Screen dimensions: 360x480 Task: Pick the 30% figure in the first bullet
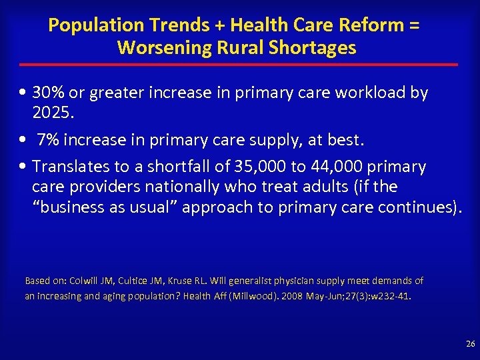[x=50, y=93]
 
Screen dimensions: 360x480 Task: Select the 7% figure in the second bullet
[x=47, y=141]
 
